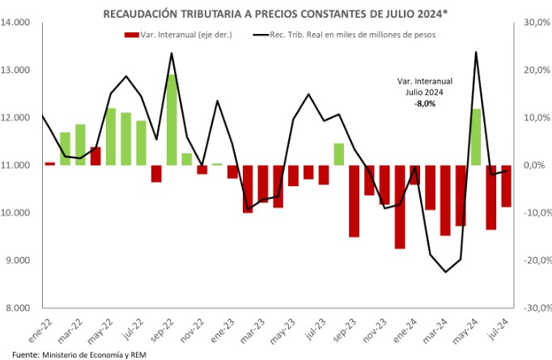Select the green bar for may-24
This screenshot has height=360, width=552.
point(476,137)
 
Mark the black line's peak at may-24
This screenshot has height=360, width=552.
point(476,52)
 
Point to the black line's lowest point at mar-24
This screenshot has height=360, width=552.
point(445,272)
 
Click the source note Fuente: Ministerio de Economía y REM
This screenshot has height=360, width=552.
point(68,354)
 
